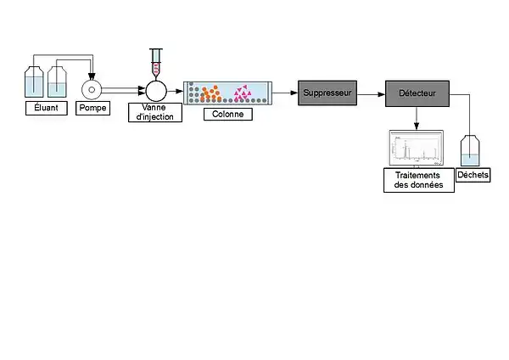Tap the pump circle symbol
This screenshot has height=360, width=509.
(x=92, y=89)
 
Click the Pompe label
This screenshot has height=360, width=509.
(x=93, y=108)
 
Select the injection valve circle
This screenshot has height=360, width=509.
(x=156, y=90)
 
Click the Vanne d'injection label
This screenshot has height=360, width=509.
(x=155, y=111)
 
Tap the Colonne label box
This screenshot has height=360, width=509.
(x=227, y=112)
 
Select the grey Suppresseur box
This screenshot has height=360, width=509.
(x=327, y=91)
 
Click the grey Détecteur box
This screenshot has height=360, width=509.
(x=416, y=92)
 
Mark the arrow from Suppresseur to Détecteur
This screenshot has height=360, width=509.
(x=372, y=91)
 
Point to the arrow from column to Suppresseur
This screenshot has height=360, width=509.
(x=285, y=91)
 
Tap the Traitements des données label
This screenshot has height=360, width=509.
(x=418, y=180)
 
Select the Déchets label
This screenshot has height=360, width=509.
(x=473, y=175)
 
